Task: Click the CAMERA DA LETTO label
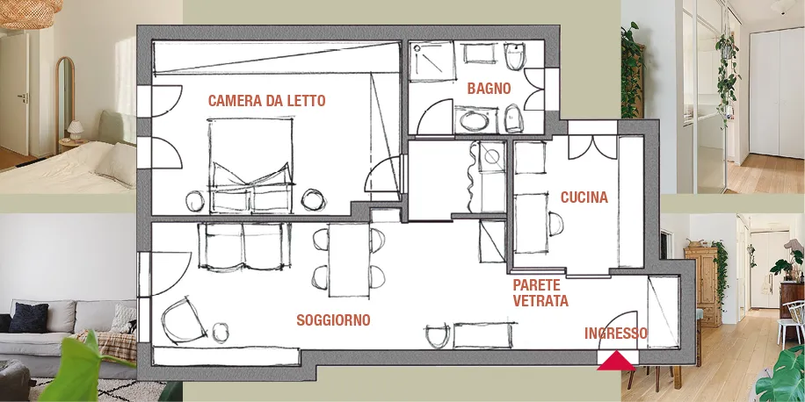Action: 267,100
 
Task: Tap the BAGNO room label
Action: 490,89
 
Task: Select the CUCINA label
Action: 584,197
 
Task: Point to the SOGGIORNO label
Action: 333,320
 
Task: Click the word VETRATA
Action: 540,301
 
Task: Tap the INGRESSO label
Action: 616,334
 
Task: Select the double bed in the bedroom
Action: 251,165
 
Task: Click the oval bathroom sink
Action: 475,121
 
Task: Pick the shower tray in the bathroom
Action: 432,61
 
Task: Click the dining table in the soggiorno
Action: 349,260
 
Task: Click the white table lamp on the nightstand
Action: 75,130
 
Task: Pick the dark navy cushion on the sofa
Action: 28,318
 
